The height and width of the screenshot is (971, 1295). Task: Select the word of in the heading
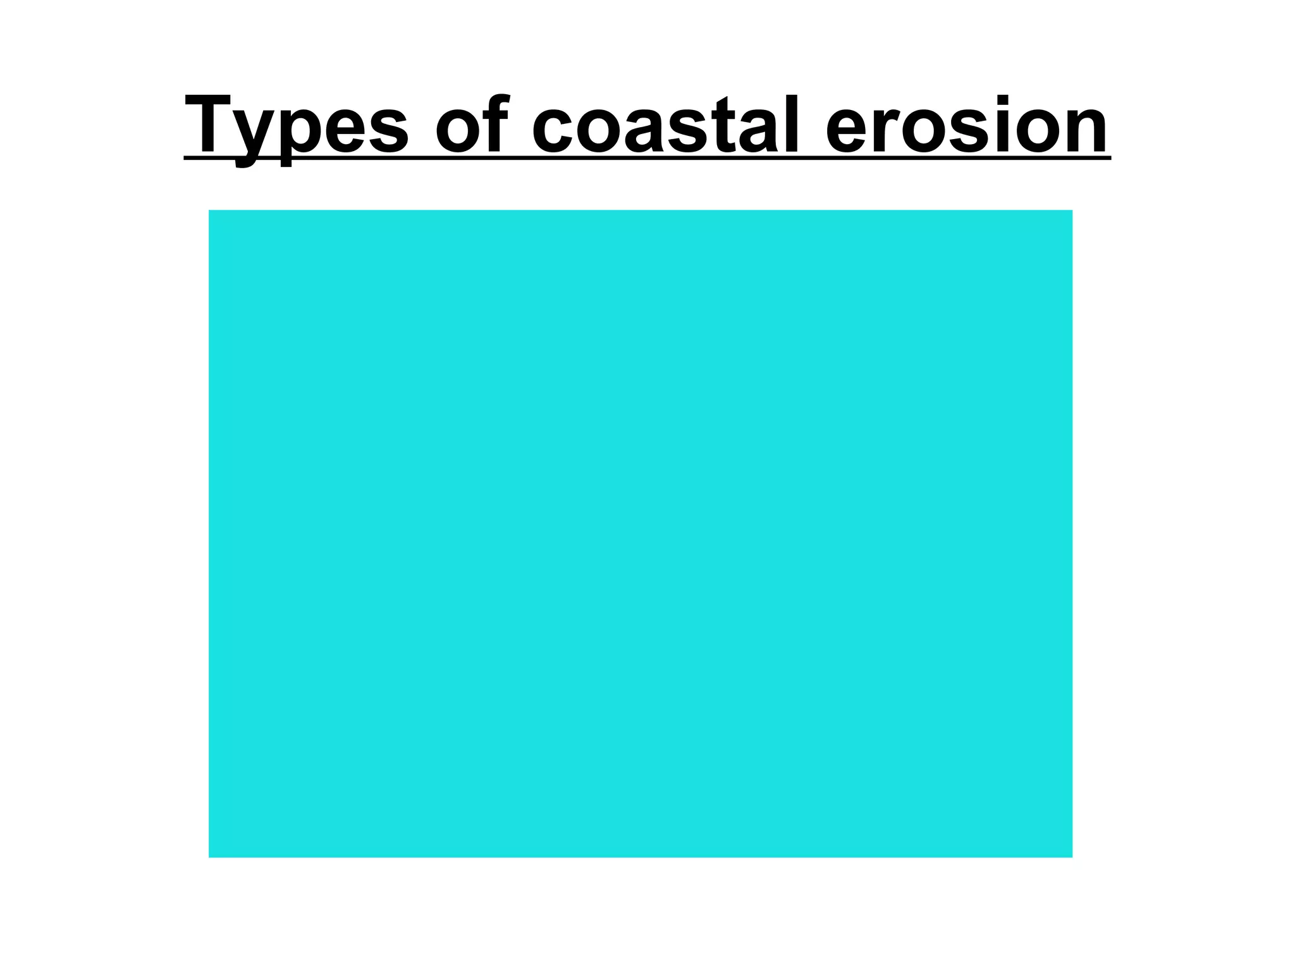click(x=472, y=125)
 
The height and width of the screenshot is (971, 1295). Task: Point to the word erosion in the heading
click(x=967, y=125)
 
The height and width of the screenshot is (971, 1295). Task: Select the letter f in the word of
click(x=496, y=123)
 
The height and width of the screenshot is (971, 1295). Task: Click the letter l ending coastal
click(x=791, y=124)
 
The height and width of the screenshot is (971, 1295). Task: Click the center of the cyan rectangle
click(x=641, y=534)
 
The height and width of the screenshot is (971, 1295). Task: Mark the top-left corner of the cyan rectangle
click(x=209, y=211)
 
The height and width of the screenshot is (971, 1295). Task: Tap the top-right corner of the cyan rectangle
click(x=1072, y=211)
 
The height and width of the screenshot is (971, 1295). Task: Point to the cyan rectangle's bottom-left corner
click(x=209, y=857)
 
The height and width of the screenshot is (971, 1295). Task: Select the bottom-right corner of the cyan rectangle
click(x=1072, y=857)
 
